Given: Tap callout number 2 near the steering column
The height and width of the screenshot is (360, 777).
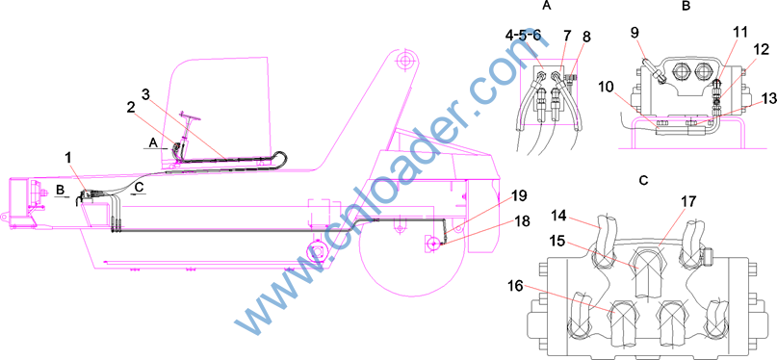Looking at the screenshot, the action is [130, 108].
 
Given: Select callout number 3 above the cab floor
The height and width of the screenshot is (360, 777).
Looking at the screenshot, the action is [144, 94].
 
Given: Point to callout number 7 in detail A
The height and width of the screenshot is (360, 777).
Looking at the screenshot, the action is [567, 36].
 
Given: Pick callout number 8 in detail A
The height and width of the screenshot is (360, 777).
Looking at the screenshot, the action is [587, 38].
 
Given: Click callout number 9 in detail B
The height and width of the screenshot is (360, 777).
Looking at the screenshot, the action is [634, 34].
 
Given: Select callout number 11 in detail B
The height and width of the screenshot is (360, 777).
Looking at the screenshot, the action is [739, 34].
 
